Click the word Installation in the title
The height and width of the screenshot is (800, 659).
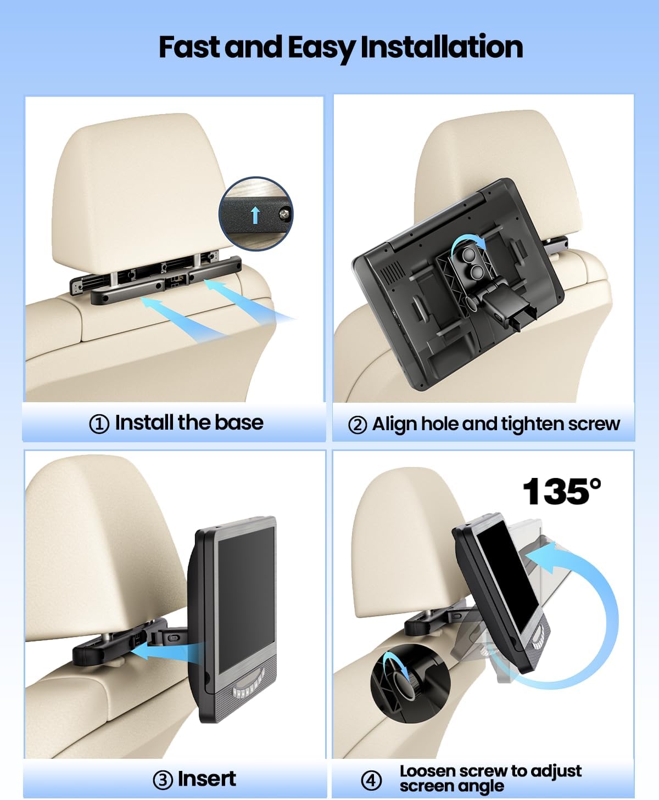pyautogui.click(x=442, y=47)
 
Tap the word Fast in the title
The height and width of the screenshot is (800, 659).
pyautogui.click(x=189, y=47)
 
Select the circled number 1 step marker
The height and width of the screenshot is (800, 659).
pyautogui.click(x=99, y=424)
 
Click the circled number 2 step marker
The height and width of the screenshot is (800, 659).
pyautogui.click(x=358, y=425)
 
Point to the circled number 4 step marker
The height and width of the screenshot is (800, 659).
pyautogui.click(x=371, y=781)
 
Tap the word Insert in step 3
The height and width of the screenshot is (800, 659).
pyautogui.click(x=207, y=779)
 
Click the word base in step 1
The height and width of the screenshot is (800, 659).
pyautogui.click(x=239, y=422)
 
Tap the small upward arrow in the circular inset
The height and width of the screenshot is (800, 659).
pyautogui.click(x=255, y=215)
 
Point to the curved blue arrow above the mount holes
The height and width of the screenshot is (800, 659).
pyautogui.click(x=468, y=240)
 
